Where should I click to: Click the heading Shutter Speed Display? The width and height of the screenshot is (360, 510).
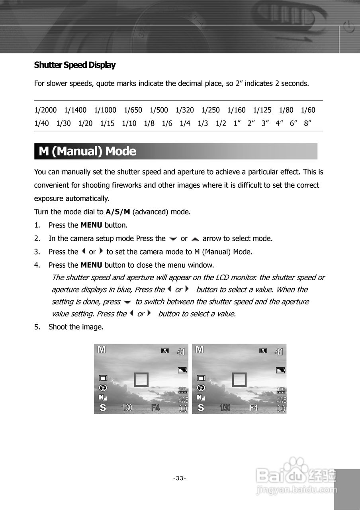75,65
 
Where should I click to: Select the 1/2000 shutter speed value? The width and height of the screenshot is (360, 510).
45,110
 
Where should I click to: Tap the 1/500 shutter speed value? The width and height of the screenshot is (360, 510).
159,110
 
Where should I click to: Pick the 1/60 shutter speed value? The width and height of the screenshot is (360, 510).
308,110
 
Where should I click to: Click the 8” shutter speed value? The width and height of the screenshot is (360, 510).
307,124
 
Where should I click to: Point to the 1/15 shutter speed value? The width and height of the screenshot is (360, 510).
107,124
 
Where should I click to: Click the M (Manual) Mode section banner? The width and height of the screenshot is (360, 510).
176,151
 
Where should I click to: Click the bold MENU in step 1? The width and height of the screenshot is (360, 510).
91,225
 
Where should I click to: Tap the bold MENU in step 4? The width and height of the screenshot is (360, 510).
91,265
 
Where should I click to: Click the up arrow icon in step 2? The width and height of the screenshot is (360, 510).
195,239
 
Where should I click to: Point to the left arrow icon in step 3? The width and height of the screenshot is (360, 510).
83,251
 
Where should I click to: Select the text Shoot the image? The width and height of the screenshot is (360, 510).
76,327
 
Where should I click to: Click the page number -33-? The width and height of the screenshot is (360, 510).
180,478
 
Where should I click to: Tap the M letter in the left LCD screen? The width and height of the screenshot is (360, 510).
102,350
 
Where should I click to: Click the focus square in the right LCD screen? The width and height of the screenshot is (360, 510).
239,380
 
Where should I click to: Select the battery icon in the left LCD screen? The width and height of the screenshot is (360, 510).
182,370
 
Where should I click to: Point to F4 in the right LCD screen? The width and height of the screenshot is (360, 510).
254,408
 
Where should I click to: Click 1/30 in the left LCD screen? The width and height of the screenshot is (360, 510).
127,408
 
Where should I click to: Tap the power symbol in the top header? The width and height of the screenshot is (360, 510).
348,28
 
